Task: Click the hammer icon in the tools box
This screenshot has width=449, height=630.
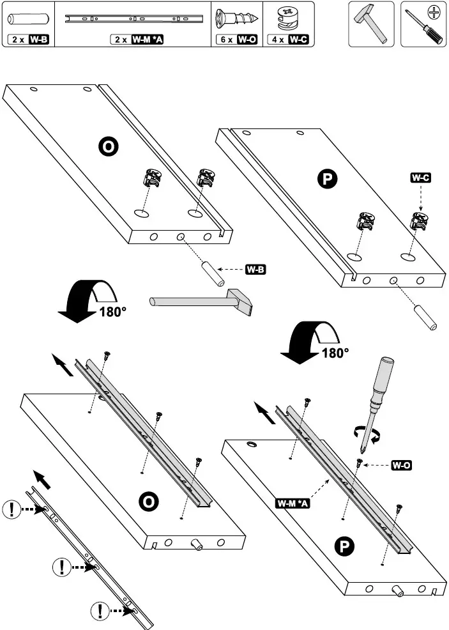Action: coord(370,23)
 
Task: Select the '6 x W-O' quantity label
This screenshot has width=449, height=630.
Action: coord(237,40)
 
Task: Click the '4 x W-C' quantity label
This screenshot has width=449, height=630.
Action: coord(289,40)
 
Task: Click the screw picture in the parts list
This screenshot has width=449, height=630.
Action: coord(237,18)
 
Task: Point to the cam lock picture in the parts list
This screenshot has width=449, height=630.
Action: coord(289,18)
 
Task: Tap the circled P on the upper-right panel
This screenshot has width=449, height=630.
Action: coord(326,180)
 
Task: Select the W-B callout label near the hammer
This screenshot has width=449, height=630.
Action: coord(255,269)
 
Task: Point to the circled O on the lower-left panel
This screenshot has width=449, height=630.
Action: coord(148,502)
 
